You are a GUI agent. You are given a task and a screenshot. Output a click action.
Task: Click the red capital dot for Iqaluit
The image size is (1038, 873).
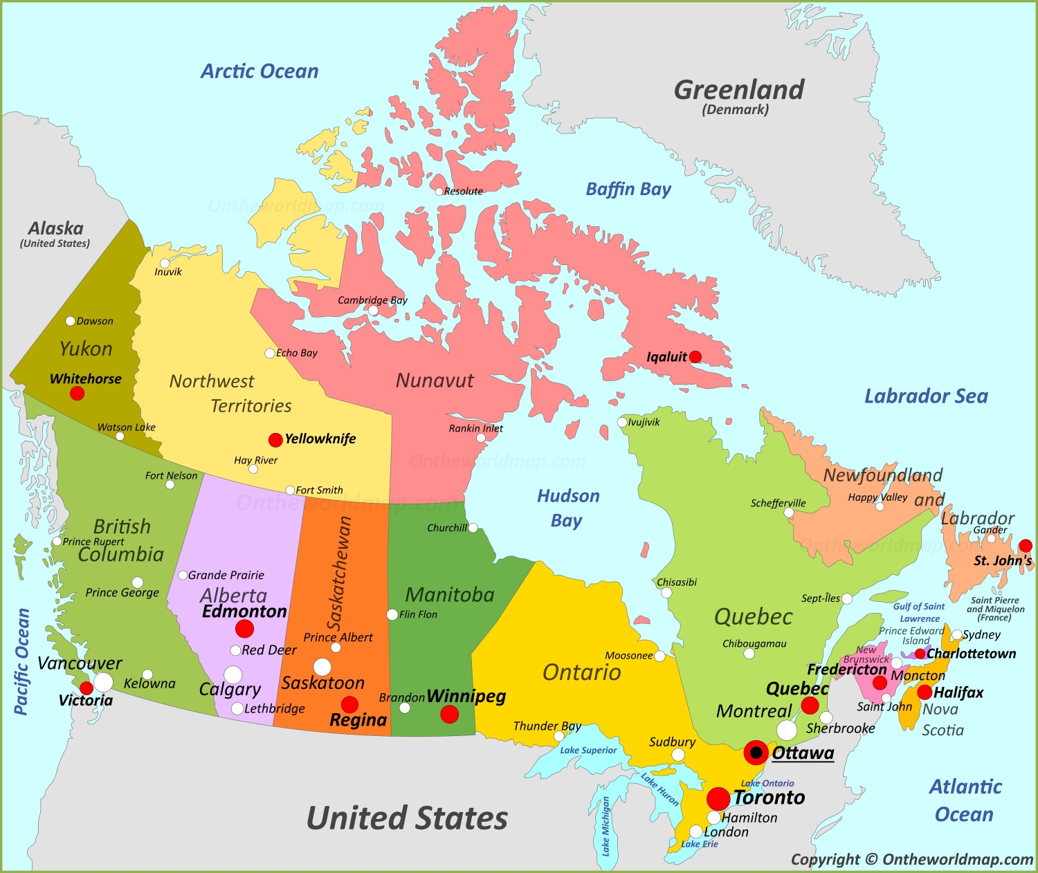695,357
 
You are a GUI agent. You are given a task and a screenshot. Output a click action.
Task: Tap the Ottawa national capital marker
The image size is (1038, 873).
756,752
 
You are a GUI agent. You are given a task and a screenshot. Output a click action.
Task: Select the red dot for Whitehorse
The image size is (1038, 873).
78,393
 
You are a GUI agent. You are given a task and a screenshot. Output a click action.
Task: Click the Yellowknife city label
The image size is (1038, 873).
320,439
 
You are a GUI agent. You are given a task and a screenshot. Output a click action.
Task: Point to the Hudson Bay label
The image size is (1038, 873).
568,508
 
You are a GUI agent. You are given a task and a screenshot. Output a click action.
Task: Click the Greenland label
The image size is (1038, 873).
739,90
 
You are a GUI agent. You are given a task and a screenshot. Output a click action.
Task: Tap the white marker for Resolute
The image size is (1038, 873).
439,192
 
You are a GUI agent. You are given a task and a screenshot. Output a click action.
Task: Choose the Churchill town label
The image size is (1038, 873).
447,528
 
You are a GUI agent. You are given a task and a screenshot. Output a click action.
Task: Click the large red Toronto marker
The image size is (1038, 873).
718,798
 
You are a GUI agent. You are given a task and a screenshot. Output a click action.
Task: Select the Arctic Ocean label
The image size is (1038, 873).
259,71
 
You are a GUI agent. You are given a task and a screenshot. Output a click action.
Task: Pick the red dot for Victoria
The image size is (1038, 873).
86,688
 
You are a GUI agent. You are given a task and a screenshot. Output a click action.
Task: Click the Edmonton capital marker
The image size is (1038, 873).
244,628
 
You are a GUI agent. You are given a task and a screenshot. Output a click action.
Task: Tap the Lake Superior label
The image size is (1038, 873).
588,750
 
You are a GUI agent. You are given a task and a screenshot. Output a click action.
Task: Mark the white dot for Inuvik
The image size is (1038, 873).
165,264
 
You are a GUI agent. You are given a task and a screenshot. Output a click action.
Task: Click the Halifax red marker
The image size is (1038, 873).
925,692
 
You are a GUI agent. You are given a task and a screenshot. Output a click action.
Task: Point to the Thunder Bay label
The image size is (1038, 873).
547,726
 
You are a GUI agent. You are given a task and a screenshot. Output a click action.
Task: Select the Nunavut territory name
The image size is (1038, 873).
435,380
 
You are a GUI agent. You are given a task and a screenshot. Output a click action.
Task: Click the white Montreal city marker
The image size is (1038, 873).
787,730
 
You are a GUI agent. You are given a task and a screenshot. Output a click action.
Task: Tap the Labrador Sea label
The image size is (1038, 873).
926,396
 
